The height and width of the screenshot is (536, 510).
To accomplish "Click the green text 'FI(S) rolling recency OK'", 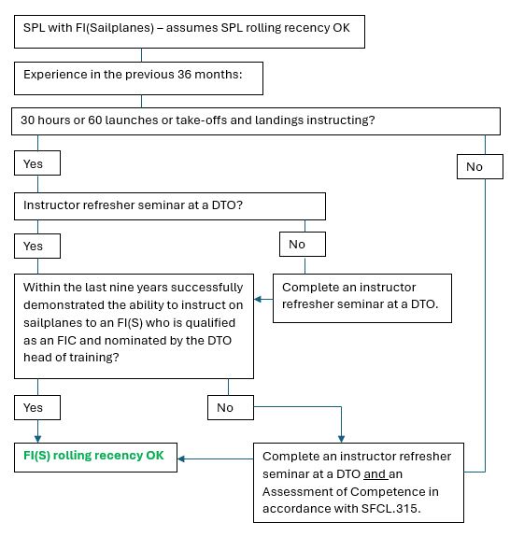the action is pyautogui.click(x=93, y=456).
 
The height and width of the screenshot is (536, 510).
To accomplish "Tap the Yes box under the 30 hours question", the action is pyautogui.click(x=37, y=163).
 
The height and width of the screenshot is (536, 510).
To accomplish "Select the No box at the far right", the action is pyautogui.click(x=480, y=166).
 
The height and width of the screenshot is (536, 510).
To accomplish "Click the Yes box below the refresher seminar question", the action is pyautogui.click(x=37, y=246).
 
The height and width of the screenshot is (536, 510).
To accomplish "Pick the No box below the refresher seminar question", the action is pyautogui.click(x=303, y=244).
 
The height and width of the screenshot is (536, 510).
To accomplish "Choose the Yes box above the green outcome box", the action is pyautogui.click(x=37, y=407).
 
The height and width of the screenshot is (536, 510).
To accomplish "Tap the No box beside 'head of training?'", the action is pyautogui.click(x=231, y=407).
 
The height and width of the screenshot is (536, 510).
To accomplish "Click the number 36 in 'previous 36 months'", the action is pyautogui.click(x=185, y=75).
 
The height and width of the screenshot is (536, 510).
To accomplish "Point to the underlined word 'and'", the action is pyautogui.click(x=375, y=474).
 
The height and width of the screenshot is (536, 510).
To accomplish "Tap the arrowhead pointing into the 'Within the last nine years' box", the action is pyautogui.click(x=258, y=299).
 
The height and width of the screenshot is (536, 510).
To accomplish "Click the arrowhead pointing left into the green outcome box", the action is pyautogui.click(x=181, y=458).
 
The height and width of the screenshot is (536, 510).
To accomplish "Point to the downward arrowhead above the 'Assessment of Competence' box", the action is pyautogui.click(x=341, y=439).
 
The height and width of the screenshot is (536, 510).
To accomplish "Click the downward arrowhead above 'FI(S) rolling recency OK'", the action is pyautogui.click(x=37, y=439).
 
